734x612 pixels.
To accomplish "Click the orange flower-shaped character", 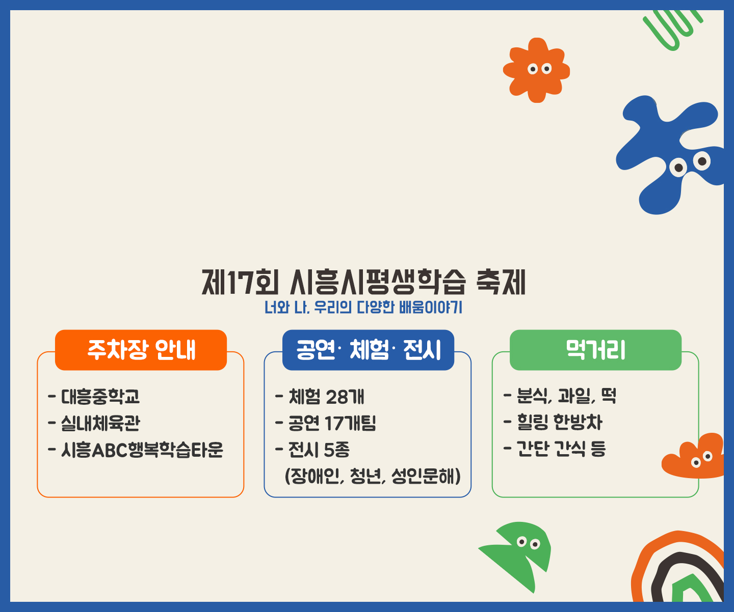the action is (x=536, y=70).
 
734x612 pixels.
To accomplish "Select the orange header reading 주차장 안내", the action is (x=141, y=350).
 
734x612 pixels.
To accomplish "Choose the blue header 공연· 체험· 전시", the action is (x=368, y=350).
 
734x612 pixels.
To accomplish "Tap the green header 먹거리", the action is (x=595, y=350).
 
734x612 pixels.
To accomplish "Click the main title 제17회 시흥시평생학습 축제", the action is (x=364, y=282).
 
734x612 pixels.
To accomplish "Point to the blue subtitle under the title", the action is (x=363, y=307).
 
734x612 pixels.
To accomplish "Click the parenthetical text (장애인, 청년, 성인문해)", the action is (x=373, y=476).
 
